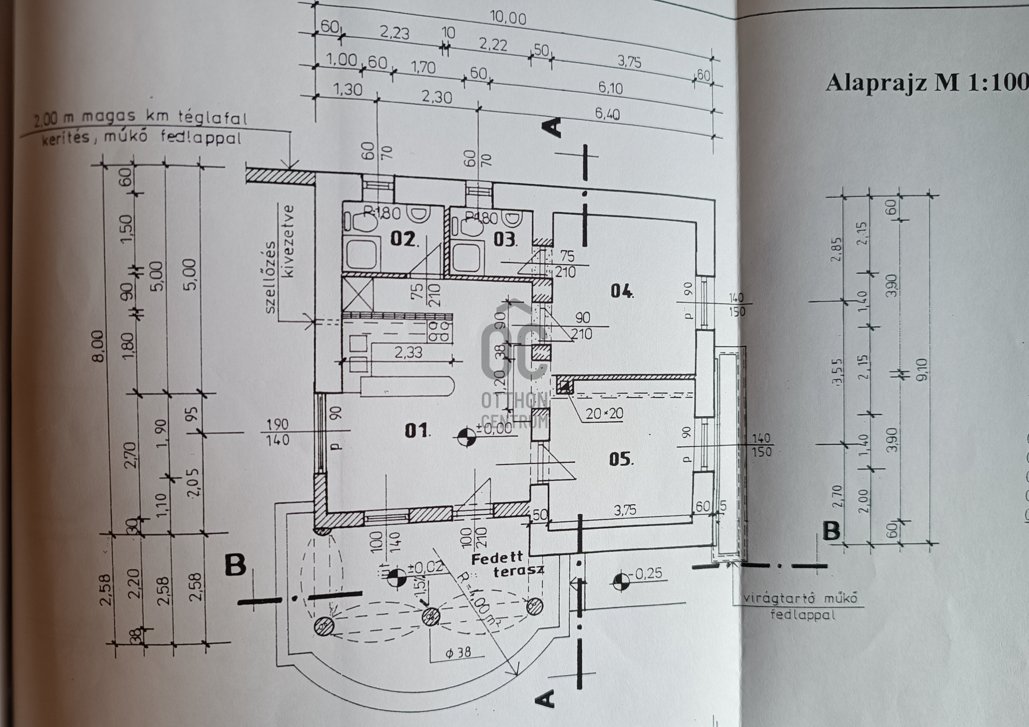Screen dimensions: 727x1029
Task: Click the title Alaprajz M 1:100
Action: [x=926, y=83]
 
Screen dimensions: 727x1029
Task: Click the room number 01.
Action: [x=416, y=430]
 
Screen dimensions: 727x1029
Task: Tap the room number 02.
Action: [x=403, y=238]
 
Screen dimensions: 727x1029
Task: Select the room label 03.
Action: [x=504, y=239]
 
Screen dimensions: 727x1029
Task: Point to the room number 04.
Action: [x=621, y=291]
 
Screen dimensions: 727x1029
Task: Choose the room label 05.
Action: [x=620, y=459]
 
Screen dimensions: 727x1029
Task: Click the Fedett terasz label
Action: [x=506, y=565]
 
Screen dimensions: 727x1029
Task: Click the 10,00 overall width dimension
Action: [x=508, y=18]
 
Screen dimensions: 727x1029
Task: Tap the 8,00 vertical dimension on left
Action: [x=99, y=346]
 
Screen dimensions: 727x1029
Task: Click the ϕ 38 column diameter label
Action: [x=458, y=652]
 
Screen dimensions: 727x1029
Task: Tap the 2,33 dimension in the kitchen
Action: [x=408, y=353]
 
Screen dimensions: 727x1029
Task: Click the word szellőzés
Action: [x=271, y=278]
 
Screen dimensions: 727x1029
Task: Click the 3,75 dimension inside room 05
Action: [x=625, y=509]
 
